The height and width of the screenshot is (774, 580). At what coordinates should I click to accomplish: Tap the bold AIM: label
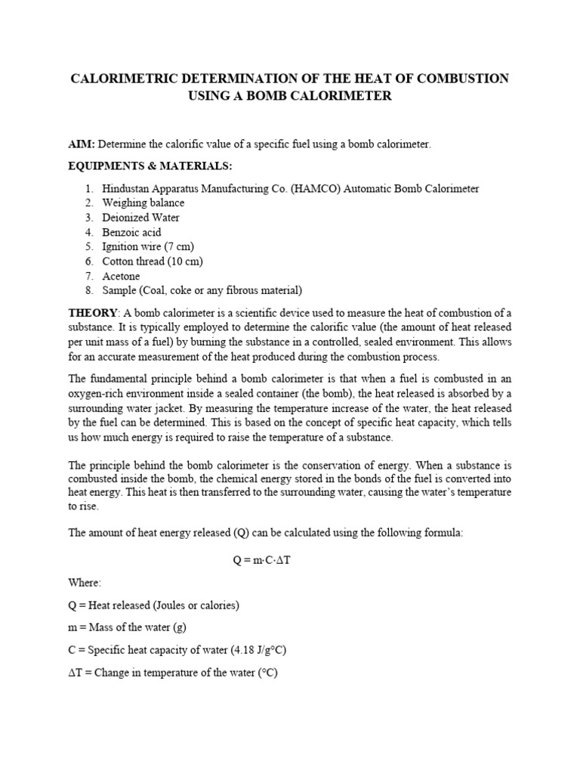point(82,144)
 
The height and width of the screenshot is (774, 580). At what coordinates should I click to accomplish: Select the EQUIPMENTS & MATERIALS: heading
point(140,166)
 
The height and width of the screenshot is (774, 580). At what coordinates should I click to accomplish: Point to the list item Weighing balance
point(143,203)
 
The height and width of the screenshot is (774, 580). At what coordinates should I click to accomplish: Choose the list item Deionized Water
point(140,218)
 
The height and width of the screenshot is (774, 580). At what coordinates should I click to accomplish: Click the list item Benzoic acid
point(131,232)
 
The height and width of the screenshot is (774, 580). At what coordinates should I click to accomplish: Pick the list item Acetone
point(121,277)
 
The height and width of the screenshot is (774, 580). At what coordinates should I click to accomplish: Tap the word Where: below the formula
point(85,583)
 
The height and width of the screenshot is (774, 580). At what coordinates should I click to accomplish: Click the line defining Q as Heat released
point(153,605)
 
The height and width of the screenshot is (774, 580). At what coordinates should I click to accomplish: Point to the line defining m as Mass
point(132,627)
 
